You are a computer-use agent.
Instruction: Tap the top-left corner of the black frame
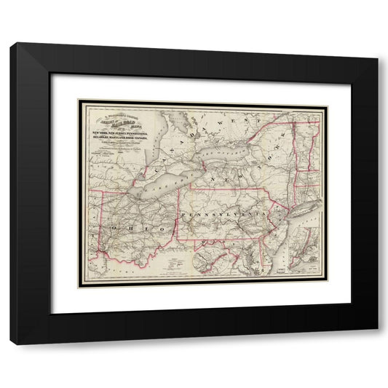[x=10, y=44]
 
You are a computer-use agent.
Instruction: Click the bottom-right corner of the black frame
[x=378, y=344]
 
